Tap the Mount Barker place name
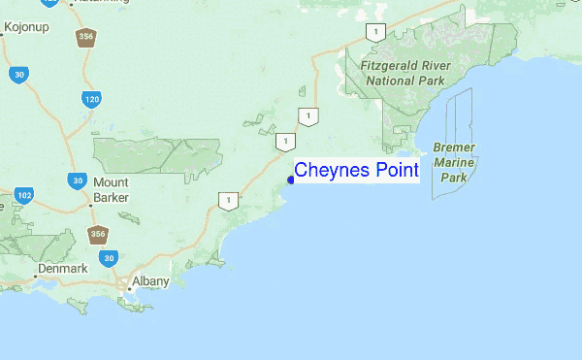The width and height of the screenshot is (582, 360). pyautogui.click(x=112, y=190)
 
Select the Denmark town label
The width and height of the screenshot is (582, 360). pyautogui.click(x=63, y=268)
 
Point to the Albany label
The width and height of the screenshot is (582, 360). pyautogui.click(x=150, y=281)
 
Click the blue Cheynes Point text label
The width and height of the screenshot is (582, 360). pyautogui.click(x=356, y=171)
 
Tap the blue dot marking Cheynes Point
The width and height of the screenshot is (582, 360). pyautogui.click(x=291, y=180)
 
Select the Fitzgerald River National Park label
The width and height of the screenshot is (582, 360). pyautogui.click(x=404, y=72)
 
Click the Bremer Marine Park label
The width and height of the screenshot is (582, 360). pyautogui.click(x=453, y=162)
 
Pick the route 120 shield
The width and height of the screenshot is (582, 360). pyautogui.click(x=92, y=99)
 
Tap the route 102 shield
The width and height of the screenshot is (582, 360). pyautogui.click(x=24, y=196)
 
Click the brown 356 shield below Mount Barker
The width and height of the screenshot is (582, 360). pyautogui.click(x=97, y=235)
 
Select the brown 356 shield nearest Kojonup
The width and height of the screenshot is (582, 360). pyautogui.click(x=85, y=37)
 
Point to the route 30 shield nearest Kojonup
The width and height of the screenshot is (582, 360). pyautogui.click(x=18, y=73)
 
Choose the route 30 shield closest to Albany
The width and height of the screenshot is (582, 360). pyautogui.click(x=110, y=258)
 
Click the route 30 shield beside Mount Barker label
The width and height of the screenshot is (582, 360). pyautogui.click(x=77, y=180)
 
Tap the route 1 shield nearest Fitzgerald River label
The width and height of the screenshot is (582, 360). pyautogui.click(x=373, y=32)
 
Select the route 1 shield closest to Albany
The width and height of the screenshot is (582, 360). pyautogui.click(x=227, y=202)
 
